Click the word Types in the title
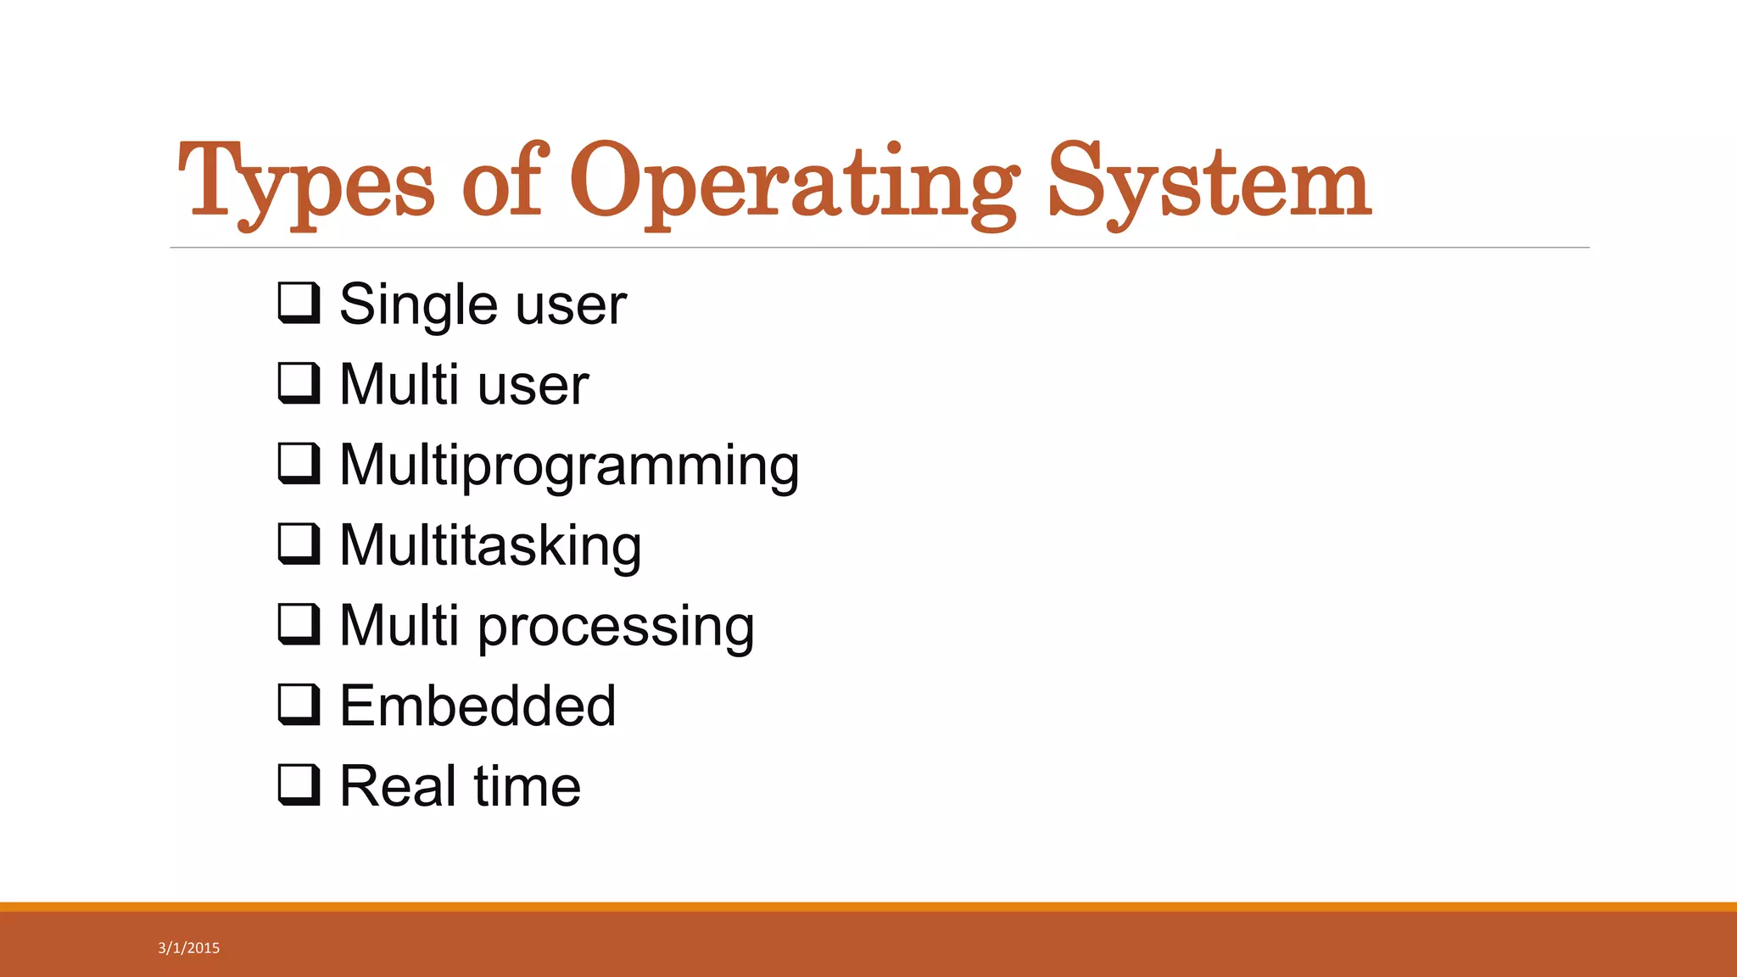(x=305, y=182)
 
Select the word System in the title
(x=1209, y=182)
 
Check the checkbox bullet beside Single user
(x=299, y=304)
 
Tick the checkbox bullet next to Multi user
(x=299, y=383)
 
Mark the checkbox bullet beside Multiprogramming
(x=299, y=464)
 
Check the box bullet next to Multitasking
(x=299, y=544)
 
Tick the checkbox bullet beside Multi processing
(x=299, y=624)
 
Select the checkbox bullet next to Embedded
(x=299, y=705)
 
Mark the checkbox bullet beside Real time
(x=299, y=784)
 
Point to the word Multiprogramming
(x=569, y=466)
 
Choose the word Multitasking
(x=490, y=545)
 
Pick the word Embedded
(x=478, y=706)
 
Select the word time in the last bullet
(x=527, y=785)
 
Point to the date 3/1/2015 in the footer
(x=189, y=948)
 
